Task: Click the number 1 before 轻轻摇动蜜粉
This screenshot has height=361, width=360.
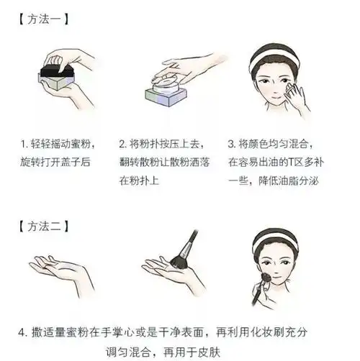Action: pyautogui.click(x=24, y=144)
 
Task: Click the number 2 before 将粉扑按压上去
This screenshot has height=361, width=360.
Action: pyautogui.click(x=122, y=144)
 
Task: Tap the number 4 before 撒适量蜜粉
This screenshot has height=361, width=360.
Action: pyautogui.click(x=23, y=332)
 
